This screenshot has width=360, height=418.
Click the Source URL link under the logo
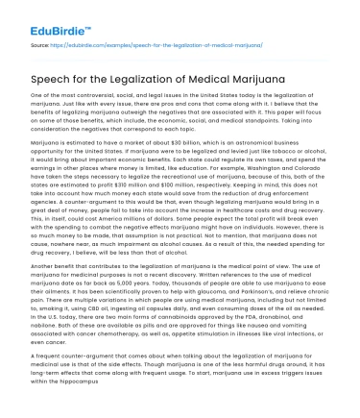click(134, 44)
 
